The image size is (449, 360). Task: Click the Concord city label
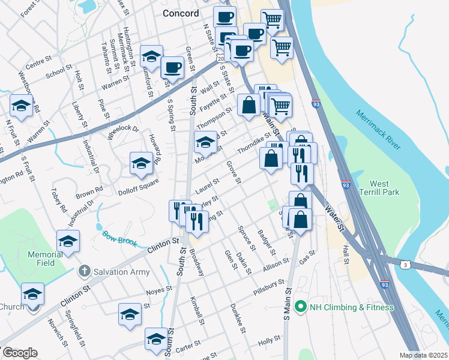click(x=181, y=13)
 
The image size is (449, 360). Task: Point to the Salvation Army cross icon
click(x=85, y=271)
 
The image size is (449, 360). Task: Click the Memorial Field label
click(x=45, y=259)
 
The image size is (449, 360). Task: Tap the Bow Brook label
click(x=119, y=239)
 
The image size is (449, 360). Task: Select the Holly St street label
click(x=265, y=341)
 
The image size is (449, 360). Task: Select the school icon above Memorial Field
click(x=68, y=241)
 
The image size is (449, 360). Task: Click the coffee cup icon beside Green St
click(x=172, y=67)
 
